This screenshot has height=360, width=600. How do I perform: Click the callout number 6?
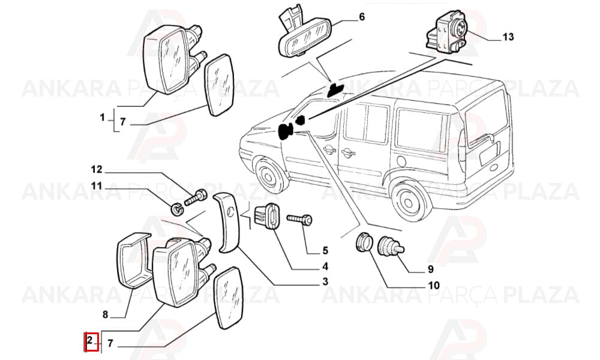point(362,17)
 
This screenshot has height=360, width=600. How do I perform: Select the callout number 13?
point(508,37)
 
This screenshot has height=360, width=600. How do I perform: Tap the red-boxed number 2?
point(90,340)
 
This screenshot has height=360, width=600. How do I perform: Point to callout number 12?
point(97,169)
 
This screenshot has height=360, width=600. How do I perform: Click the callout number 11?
point(97,186)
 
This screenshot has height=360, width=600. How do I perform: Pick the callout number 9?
point(430,269)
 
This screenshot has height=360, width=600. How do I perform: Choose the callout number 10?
point(434,286)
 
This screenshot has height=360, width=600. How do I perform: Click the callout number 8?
point(105,315)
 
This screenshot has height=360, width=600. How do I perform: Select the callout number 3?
point(325,282)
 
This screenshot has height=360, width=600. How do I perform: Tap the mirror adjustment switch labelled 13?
point(447,32)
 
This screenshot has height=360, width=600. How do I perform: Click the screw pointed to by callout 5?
point(299,219)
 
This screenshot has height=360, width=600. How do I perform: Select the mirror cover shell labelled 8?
point(133,259)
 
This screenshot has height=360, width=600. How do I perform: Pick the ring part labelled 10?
point(364,242)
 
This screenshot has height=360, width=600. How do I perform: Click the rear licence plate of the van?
point(491,154)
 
